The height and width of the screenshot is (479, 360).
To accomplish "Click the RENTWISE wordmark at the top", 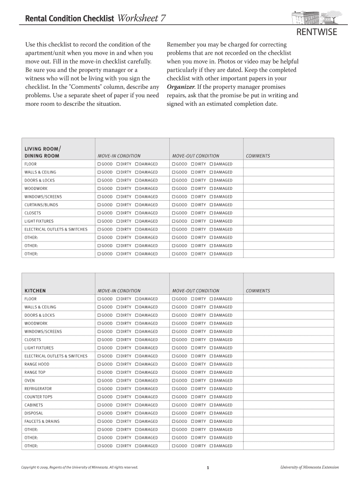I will (x=317, y=32).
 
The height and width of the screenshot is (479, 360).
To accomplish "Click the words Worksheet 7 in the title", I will (x=141, y=18).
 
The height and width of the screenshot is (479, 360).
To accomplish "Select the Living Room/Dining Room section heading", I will (x=42, y=152).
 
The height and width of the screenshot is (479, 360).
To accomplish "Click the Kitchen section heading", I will (x=35, y=290).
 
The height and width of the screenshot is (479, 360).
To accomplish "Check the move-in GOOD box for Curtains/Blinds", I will (x=99, y=205).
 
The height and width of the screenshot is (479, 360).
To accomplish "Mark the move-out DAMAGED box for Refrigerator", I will (x=211, y=389).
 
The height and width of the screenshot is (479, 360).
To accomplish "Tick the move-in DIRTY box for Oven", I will (x=118, y=381).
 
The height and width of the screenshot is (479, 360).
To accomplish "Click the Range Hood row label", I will (x=36, y=364).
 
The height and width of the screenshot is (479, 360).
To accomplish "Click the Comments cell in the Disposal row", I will (x=288, y=413).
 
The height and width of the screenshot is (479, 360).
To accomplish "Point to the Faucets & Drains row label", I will (x=42, y=421).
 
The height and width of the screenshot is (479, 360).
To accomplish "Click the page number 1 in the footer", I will (x=208, y=467).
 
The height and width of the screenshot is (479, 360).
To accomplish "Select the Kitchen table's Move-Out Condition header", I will (x=195, y=291).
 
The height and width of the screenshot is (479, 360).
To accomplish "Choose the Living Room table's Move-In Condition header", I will (x=119, y=156).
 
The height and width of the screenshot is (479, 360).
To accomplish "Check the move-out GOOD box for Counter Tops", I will (x=173, y=397).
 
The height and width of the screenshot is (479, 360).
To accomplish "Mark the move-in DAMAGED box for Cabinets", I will (x=137, y=405).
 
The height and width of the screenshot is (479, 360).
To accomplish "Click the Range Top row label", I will (x=35, y=372).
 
